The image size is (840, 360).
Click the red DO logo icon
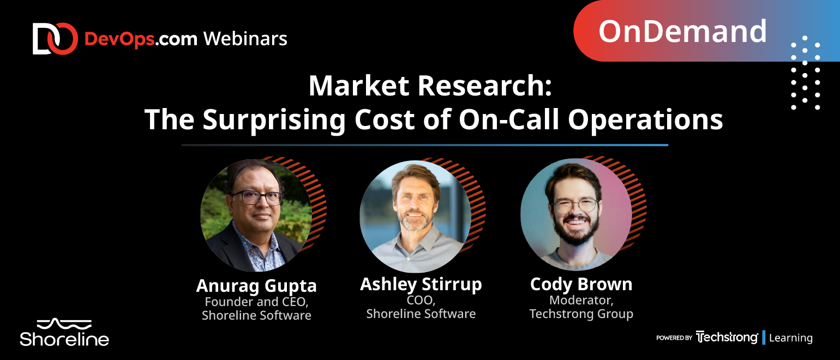pyautogui.click(x=55, y=39)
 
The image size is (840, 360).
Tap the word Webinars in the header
pyautogui.click(x=245, y=39)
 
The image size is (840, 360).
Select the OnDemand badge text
pyautogui.click(x=682, y=31)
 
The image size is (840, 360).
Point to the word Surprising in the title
pyautogui.click(x=274, y=121)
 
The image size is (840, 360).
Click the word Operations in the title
pyautogui.click(x=645, y=121)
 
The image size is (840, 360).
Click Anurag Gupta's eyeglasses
pyautogui.click(x=257, y=197)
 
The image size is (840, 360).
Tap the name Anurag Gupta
pyautogui.click(x=256, y=286)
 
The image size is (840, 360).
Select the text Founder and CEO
pyautogui.click(x=256, y=302)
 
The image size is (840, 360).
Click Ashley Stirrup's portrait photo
pyautogui.click(x=416, y=217)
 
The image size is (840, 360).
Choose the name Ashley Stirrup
pyautogui.click(x=421, y=285)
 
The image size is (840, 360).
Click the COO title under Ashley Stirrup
pyautogui.click(x=421, y=301)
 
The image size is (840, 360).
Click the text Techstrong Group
pyautogui.click(x=581, y=314)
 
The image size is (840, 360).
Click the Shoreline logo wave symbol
pyautogui.click(x=64, y=324)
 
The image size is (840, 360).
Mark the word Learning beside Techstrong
pyautogui.click(x=791, y=338)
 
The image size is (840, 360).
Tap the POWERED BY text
pyautogui.click(x=674, y=338)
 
